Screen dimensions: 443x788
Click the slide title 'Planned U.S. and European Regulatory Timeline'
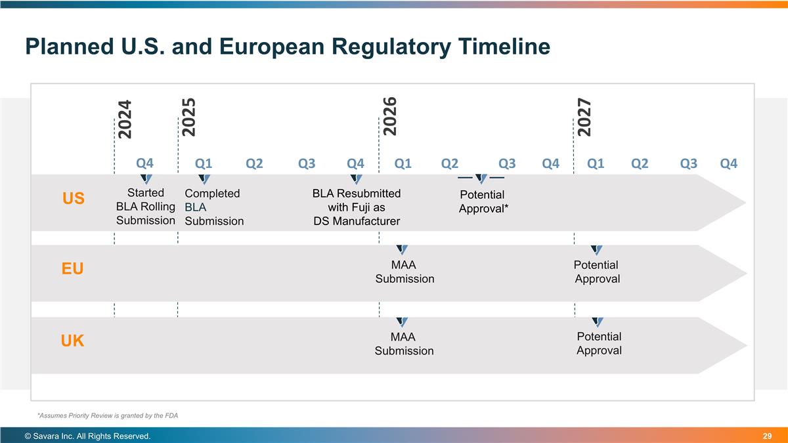287,47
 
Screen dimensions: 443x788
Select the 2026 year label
389,116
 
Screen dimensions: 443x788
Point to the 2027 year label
584,117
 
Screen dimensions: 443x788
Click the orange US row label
73,198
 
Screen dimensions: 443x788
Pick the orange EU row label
72,269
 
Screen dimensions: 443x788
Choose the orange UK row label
72,341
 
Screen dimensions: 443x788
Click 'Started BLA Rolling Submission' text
145,207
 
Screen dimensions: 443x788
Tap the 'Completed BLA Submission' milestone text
213,207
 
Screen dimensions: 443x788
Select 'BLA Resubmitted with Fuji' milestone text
357,207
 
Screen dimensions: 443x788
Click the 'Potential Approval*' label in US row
483,201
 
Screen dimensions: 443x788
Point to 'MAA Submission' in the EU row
405,272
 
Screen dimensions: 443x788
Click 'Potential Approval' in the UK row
599,343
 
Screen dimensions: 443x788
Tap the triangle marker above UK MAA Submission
403,322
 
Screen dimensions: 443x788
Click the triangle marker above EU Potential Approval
597,249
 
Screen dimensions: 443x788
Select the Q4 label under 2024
144,163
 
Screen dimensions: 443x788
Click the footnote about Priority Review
108,415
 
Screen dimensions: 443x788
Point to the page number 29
766,436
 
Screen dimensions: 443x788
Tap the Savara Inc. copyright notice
87,436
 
